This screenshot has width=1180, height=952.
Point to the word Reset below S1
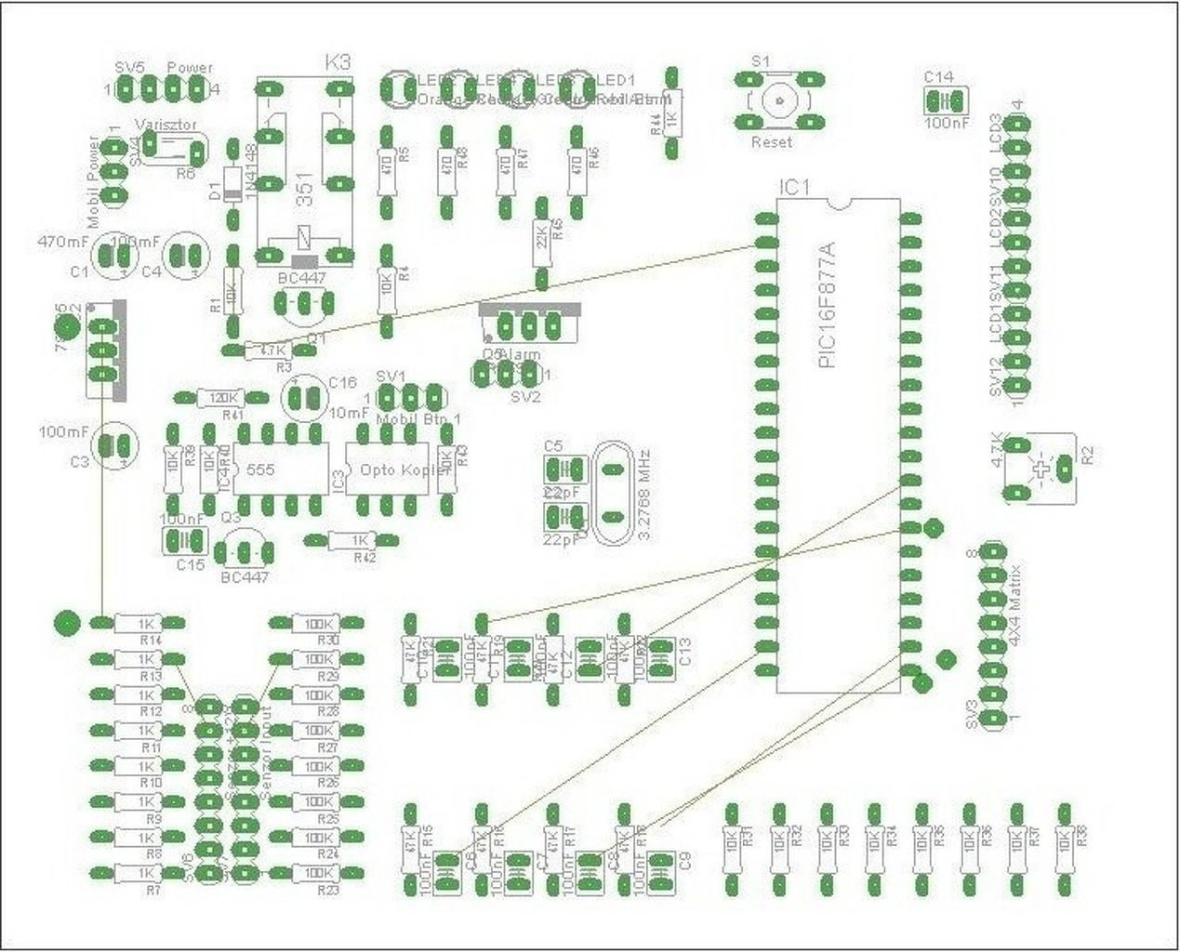click(x=772, y=142)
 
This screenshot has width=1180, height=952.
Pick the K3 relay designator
click(x=338, y=62)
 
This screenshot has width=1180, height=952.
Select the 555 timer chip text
click(x=261, y=470)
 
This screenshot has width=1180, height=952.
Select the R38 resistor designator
click(x=1081, y=835)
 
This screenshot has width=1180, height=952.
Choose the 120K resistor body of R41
click(x=220, y=398)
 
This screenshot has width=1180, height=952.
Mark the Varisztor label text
click(x=164, y=125)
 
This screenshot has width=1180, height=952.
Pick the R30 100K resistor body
click(x=318, y=623)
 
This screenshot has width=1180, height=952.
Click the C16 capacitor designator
click(x=342, y=383)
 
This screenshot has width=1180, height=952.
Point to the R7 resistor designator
click(x=152, y=891)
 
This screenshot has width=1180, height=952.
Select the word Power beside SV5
click(x=190, y=67)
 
